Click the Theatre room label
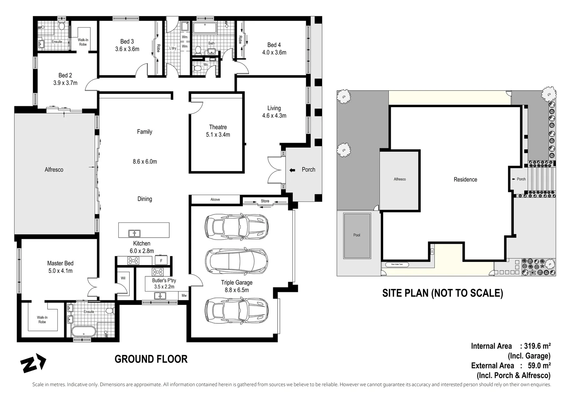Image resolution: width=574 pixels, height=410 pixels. (x=218, y=127)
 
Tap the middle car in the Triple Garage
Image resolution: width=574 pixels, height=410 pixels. (x=236, y=261)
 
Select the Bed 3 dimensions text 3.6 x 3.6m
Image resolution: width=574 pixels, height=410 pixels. (x=127, y=49)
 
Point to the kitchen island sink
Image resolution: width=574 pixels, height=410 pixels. (x=134, y=233)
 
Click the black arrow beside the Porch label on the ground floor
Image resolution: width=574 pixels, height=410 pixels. (x=292, y=170)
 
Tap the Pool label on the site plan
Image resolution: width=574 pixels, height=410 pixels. (x=357, y=235)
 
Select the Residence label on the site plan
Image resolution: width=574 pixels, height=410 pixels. (x=465, y=180)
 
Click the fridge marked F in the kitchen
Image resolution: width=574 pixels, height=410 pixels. (x=161, y=261)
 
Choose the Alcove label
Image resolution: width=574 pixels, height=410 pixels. (x=215, y=200)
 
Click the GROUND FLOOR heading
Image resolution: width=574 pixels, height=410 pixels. (x=151, y=359)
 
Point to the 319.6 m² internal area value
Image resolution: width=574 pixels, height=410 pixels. (x=537, y=346)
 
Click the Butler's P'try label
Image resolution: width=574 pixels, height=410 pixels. (x=164, y=281)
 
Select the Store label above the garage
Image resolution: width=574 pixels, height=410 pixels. (x=265, y=201)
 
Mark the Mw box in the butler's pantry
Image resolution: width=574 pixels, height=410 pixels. (x=184, y=295)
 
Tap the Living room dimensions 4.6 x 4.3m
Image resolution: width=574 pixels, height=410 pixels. (x=274, y=115)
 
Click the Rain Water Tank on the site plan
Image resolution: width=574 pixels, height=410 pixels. (x=395, y=265)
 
